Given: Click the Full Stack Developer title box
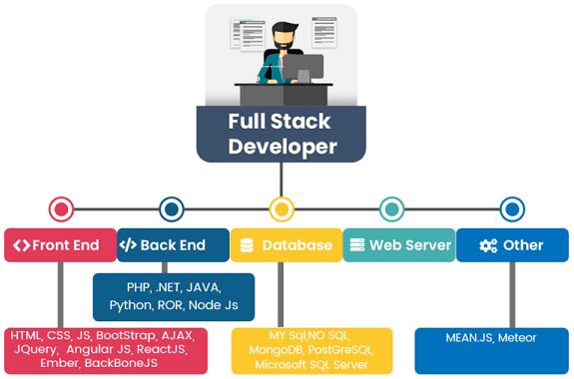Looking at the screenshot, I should (x=281, y=134).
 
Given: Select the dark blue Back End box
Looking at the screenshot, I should (x=172, y=245).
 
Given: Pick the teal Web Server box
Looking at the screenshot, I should (x=398, y=245).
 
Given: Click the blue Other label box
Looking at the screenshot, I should (x=511, y=245).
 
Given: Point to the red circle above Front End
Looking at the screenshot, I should (x=61, y=209).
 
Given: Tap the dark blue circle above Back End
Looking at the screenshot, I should (x=172, y=209).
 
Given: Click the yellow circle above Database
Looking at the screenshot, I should (x=282, y=209).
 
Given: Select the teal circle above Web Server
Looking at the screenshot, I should (x=392, y=209).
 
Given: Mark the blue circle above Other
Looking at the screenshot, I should (x=512, y=209).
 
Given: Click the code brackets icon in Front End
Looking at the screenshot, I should (x=20, y=245).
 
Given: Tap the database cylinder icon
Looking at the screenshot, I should (x=247, y=245).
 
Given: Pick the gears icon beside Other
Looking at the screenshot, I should (x=488, y=245).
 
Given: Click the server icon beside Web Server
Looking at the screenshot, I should (x=355, y=245).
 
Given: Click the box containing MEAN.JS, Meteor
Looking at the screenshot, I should (x=491, y=349).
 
